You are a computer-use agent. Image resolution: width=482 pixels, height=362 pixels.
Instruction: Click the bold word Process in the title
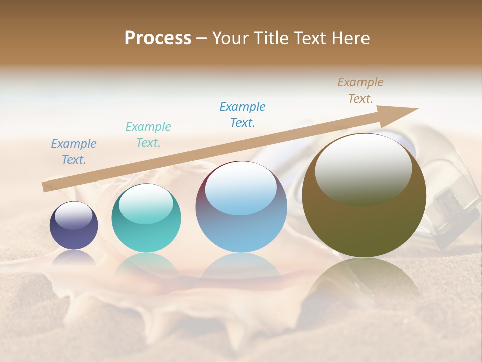click(158, 38)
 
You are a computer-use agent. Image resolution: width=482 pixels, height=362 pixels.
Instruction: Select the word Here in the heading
click(349, 38)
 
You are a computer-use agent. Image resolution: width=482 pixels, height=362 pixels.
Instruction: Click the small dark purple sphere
click(74, 225)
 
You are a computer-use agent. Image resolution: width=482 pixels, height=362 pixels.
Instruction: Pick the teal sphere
click(146, 218)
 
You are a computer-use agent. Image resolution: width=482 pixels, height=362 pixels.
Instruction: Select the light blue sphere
click(241, 207)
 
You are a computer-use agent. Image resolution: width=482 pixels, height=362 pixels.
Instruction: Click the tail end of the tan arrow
click(44, 187)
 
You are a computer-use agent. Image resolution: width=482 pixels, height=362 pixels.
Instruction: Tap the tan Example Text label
click(360, 90)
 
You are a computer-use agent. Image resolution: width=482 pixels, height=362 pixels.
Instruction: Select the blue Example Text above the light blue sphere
click(243, 115)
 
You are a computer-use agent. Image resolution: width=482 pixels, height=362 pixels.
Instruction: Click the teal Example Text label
click(148, 135)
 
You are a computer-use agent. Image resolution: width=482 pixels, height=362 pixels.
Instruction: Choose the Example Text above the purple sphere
click(74, 152)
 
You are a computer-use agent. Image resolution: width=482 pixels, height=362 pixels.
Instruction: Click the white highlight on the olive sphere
click(363, 167)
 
